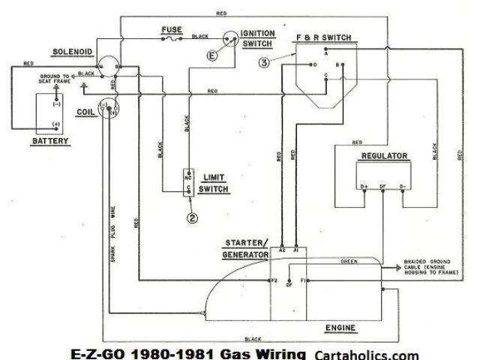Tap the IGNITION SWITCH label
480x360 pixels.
[x=258, y=39]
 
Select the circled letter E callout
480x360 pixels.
[x=213, y=55]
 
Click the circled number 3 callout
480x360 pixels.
[x=263, y=63]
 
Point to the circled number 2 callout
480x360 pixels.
[x=193, y=218]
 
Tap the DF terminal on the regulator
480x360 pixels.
[x=383, y=186]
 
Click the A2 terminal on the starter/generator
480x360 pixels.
[x=282, y=248]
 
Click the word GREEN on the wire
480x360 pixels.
[x=349, y=262]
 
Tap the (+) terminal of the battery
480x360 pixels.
[x=55, y=124]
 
